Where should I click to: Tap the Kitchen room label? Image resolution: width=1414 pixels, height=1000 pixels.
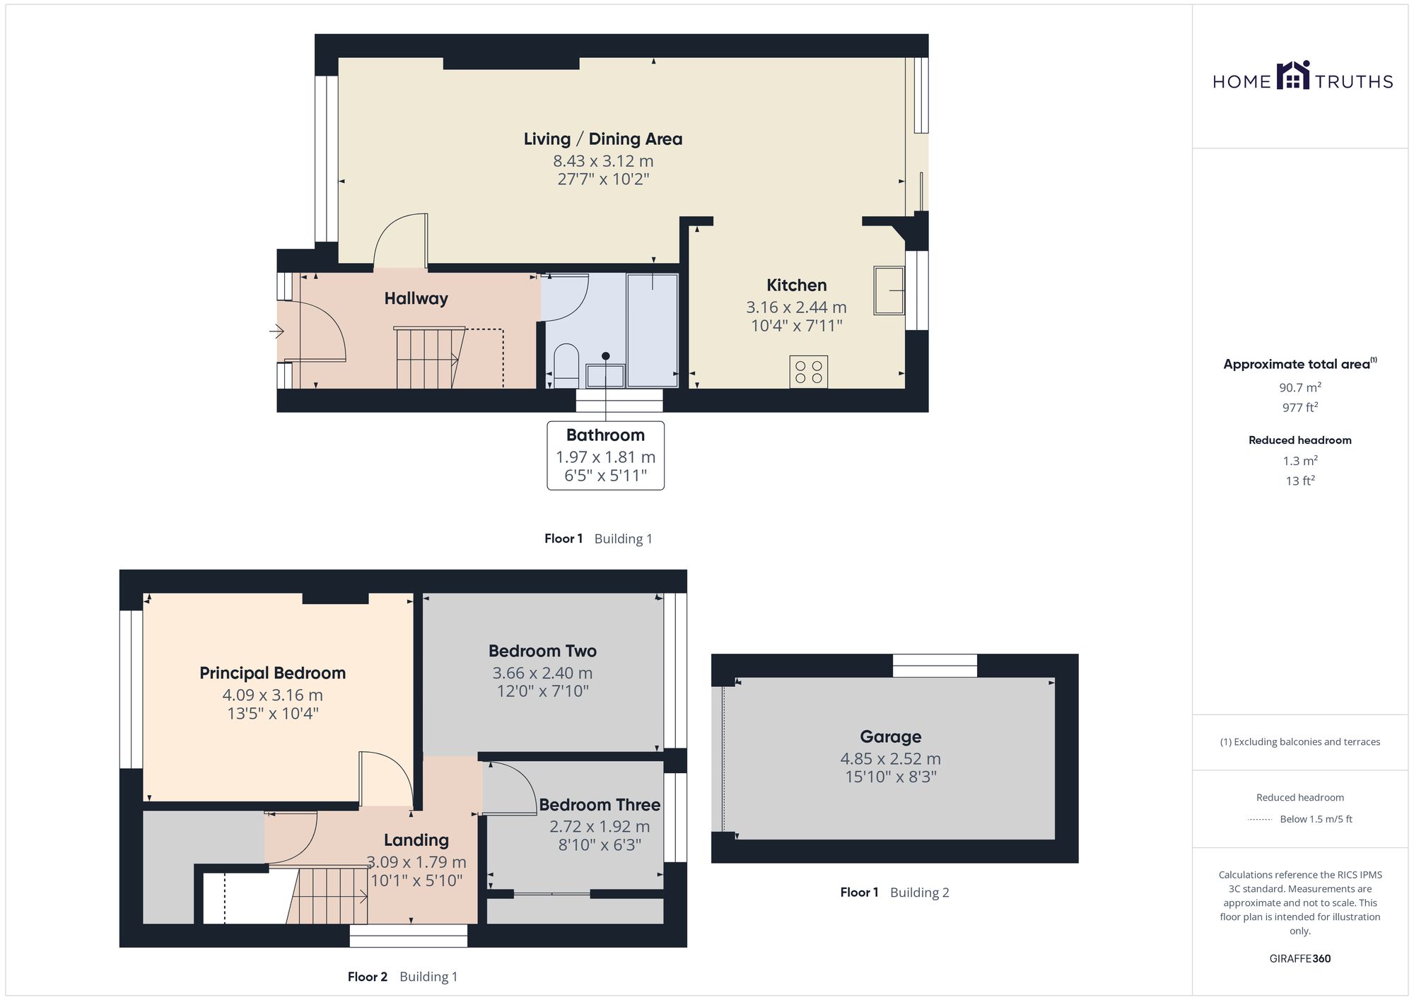(x=797, y=286)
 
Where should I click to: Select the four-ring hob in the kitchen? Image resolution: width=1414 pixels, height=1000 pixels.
(x=809, y=372)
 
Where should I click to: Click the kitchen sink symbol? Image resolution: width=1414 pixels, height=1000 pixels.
(x=889, y=290)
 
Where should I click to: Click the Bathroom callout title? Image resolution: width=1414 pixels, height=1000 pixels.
(x=605, y=435)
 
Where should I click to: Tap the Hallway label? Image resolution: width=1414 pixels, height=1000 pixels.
(x=416, y=299)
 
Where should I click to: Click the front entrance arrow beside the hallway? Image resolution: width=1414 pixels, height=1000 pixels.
(x=276, y=330)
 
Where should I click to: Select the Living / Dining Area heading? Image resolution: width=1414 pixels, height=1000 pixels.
(x=603, y=139)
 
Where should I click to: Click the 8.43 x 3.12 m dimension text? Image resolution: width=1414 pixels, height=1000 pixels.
(x=603, y=161)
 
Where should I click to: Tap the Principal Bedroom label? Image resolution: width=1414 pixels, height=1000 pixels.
(x=273, y=673)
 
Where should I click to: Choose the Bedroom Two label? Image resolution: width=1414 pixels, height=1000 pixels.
(x=542, y=651)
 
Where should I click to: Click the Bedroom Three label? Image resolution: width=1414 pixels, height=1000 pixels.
(x=600, y=805)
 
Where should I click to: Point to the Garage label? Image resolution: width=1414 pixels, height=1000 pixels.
(x=891, y=737)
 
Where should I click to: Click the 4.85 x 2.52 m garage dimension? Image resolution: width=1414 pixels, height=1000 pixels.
(x=891, y=759)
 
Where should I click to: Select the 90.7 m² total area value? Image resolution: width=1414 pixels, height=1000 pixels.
(x=1300, y=387)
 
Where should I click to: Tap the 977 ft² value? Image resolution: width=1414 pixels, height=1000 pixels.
(x=1300, y=408)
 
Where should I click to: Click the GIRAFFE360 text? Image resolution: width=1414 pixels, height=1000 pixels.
(x=1300, y=959)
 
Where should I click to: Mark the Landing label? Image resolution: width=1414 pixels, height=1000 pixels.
(x=416, y=840)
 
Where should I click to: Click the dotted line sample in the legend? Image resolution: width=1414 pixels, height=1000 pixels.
(x=1260, y=820)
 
